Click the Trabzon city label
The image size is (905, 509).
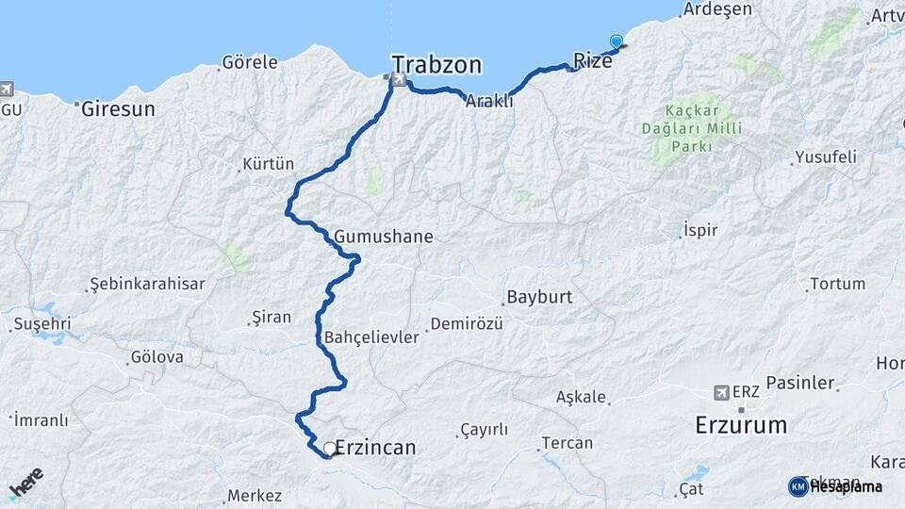(x=436, y=65)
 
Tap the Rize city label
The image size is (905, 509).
(x=593, y=60)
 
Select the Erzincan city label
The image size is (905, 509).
(x=375, y=448)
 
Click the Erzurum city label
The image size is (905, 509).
(x=741, y=424)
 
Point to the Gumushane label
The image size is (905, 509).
(x=383, y=237)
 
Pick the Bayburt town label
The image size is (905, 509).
(x=539, y=297)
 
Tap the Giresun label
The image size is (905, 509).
(x=118, y=108)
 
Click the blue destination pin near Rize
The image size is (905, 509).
(x=617, y=41)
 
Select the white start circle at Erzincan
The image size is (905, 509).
(x=329, y=449)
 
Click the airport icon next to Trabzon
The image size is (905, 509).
(x=400, y=81)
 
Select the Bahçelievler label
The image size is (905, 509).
(x=370, y=337)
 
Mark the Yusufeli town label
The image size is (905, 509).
(x=825, y=156)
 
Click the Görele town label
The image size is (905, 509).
(x=249, y=63)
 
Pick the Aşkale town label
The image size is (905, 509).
(x=581, y=397)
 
